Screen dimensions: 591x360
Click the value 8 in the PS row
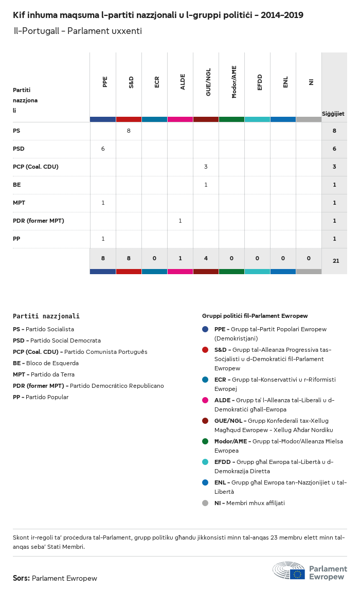[x=129, y=131]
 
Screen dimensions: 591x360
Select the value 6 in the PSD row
[x=103, y=149]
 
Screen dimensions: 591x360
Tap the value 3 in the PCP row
[x=206, y=167]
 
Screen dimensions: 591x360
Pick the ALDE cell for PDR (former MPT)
[x=180, y=221]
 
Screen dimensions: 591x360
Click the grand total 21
[x=336, y=261]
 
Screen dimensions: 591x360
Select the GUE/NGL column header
[x=208, y=82]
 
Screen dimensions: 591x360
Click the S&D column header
[x=131, y=82]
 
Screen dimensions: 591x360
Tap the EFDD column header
[x=260, y=82]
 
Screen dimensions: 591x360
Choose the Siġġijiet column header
[x=333, y=114]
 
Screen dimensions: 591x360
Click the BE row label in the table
[x=16, y=185]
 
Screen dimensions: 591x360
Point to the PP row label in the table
[x=16, y=239]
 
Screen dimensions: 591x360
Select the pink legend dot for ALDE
[x=205, y=400]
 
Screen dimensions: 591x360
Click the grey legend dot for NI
[x=205, y=503]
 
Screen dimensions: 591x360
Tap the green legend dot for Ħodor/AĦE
[x=205, y=441]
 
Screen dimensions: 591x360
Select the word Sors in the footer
[x=21, y=578]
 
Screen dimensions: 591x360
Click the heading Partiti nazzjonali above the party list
[x=46, y=316]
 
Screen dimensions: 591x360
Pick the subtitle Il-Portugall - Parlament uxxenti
[x=77, y=31]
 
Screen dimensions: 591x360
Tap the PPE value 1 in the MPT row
[x=103, y=203]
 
